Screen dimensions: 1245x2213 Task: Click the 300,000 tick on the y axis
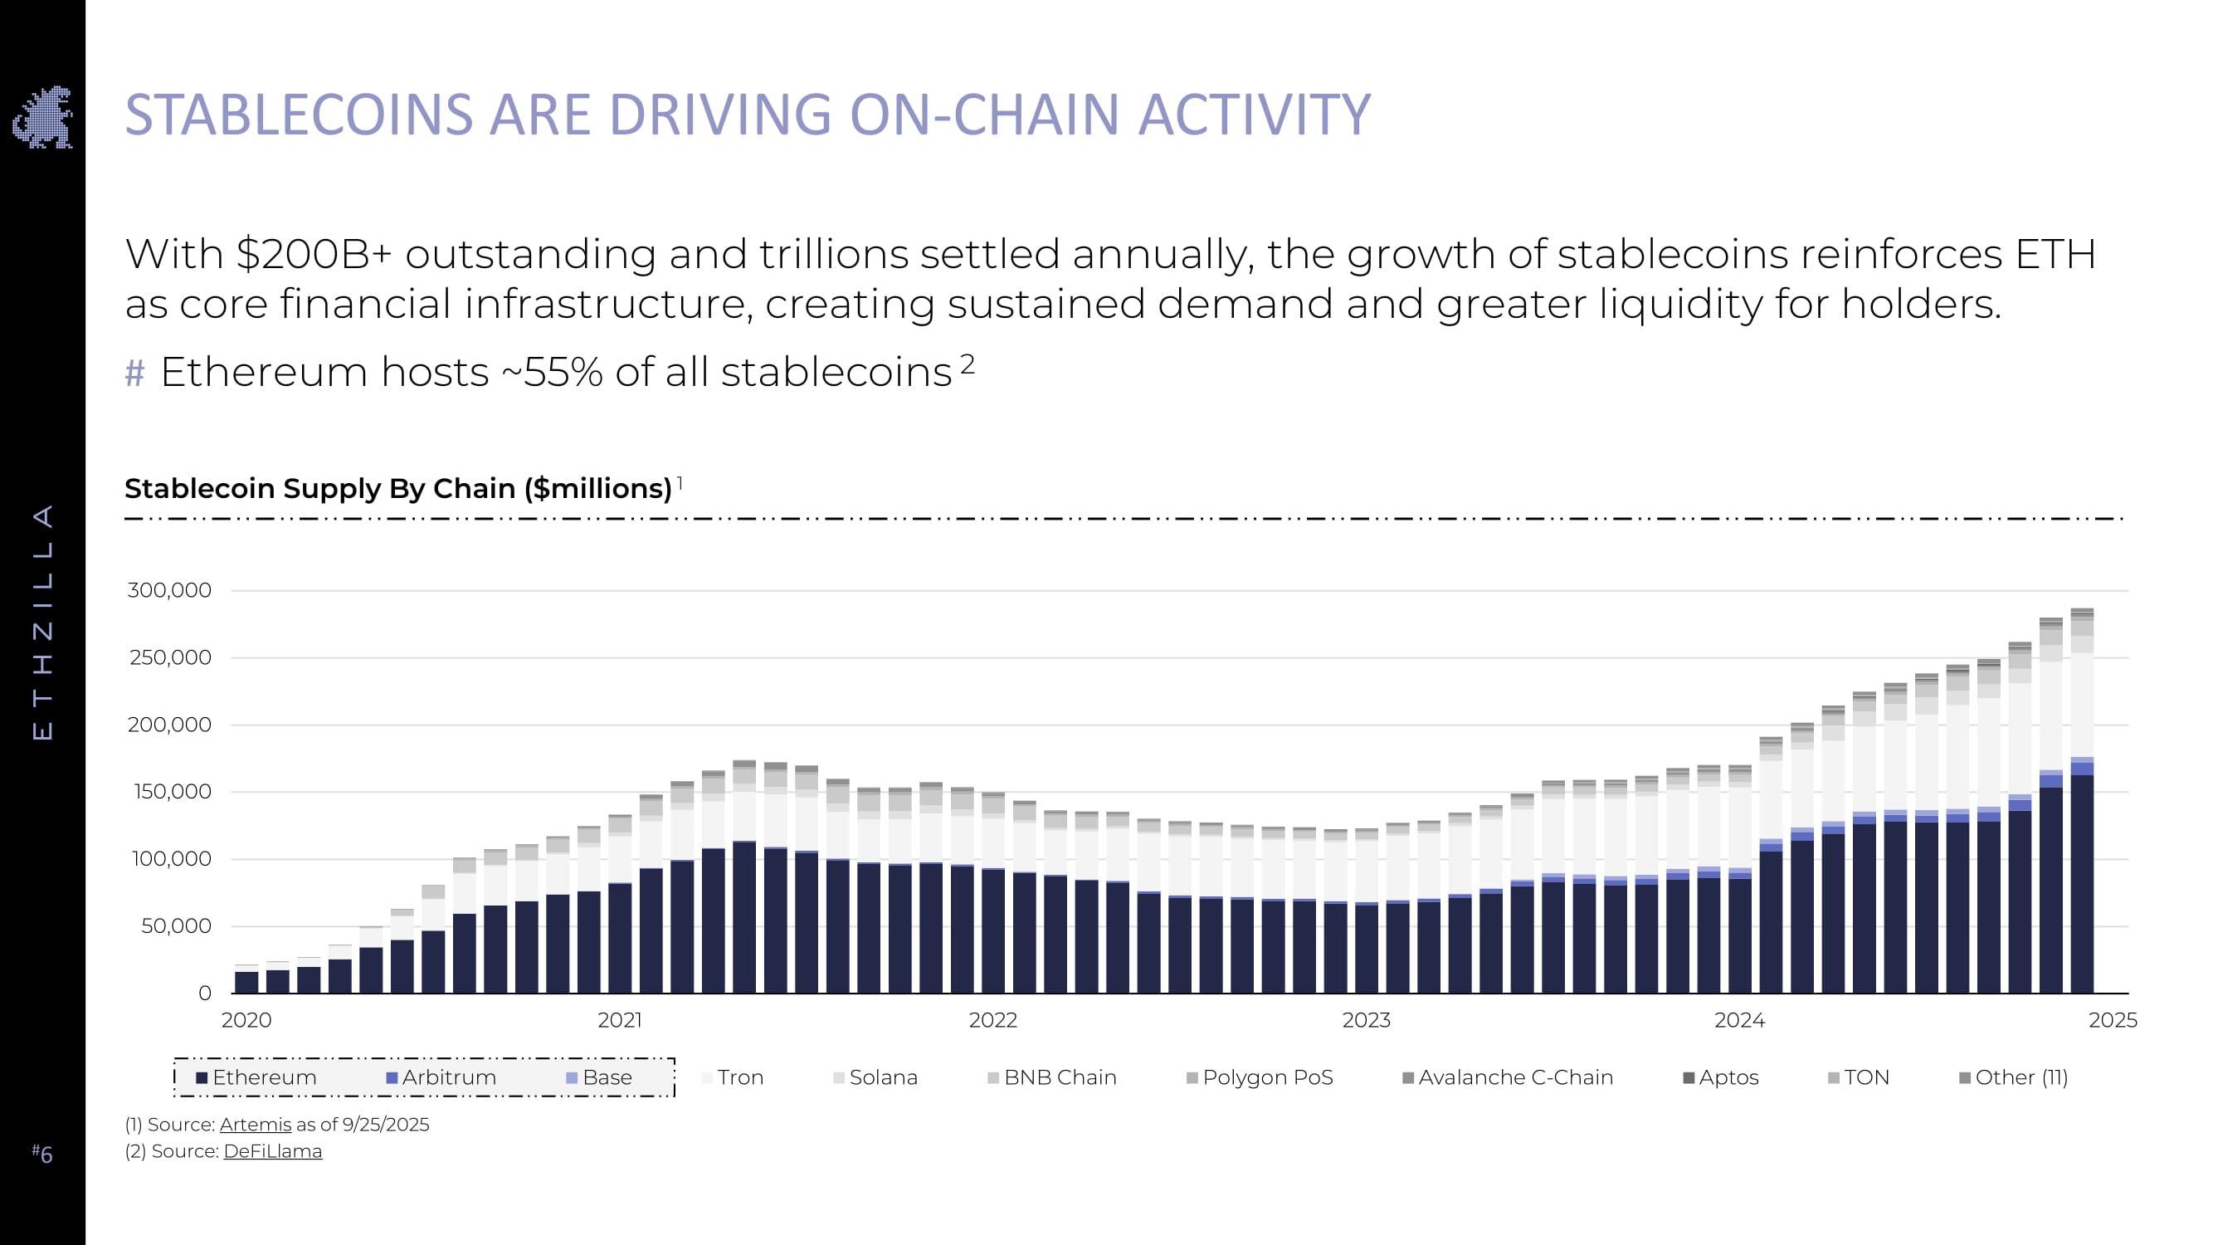point(169,590)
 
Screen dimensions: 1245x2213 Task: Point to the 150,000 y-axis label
point(172,791)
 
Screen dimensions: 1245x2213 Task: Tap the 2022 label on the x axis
point(992,1020)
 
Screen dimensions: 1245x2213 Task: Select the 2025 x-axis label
point(2113,1020)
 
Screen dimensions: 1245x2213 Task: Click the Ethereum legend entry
point(256,1077)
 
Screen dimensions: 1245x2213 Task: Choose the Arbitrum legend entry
point(441,1077)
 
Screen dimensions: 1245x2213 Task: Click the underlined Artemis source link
point(255,1125)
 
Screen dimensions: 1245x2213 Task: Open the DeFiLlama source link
point(272,1151)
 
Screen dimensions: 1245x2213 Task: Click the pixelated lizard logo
point(43,117)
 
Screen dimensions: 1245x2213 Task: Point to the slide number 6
point(43,1154)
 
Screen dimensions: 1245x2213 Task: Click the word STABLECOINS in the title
point(299,115)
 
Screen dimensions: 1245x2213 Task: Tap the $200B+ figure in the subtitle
point(314,254)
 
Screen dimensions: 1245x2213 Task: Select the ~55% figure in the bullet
point(563,373)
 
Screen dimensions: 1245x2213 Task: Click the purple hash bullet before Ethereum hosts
point(135,373)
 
